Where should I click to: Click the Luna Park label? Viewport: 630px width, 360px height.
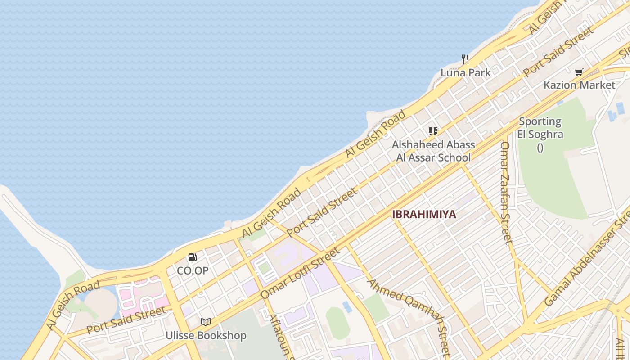(x=465, y=72)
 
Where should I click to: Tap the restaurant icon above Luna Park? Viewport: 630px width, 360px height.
(x=465, y=59)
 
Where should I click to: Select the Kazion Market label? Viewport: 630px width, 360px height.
(x=579, y=85)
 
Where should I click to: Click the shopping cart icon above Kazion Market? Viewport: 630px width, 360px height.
(x=579, y=72)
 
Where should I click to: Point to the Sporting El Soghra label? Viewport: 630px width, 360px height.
(x=540, y=128)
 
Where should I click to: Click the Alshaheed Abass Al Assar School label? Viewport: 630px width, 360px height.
(x=433, y=151)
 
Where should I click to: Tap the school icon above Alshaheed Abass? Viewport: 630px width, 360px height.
(x=433, y=131)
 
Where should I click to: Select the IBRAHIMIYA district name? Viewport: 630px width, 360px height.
(x=424, y=214)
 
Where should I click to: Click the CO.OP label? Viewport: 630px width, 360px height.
(x=193, y=270)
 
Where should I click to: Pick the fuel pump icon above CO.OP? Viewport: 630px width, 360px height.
(x=192, y=257)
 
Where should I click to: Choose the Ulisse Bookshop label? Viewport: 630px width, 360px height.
(x=206, y=335)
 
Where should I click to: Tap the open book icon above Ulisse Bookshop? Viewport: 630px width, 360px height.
(x=206, y=322)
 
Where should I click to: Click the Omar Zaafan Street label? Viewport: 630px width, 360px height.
(x=506, y=193)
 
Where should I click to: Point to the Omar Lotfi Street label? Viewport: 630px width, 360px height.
(x=300, y=272)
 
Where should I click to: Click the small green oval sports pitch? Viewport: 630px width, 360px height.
(x=337, y=323)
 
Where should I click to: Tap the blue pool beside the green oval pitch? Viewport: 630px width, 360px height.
(x=347, y=307)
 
